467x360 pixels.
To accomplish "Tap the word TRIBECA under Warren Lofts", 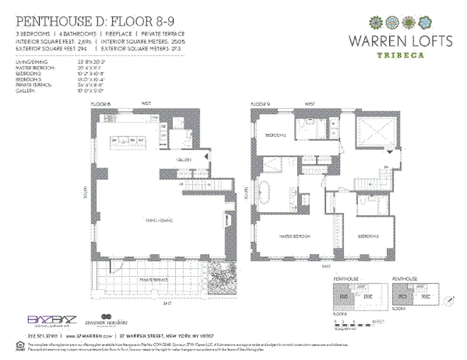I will point(400,55).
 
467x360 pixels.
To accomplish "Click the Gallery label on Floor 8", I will point(184,159).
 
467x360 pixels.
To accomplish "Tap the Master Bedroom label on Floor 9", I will point(295,236).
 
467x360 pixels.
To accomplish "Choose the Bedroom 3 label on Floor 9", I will point(367,236).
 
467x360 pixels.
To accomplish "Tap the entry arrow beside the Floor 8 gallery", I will point(206,157).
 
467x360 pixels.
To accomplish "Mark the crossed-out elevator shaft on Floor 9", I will point(376,133).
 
